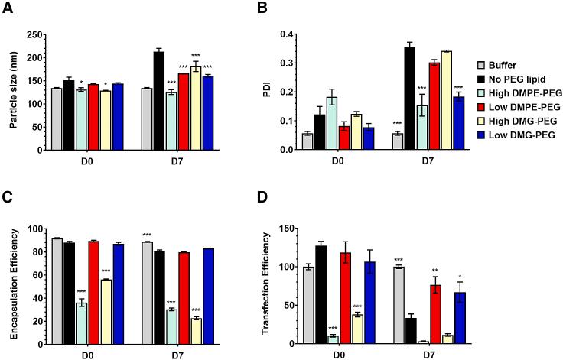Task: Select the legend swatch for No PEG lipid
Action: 483,78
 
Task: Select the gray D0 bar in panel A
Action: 55,119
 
